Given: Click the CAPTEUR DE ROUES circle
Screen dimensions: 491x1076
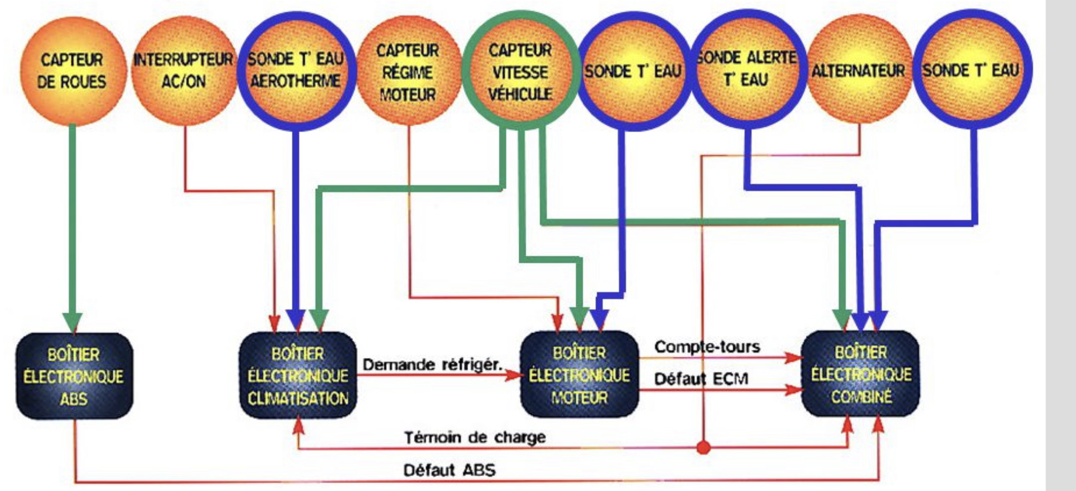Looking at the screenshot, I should click(x=72, y=71).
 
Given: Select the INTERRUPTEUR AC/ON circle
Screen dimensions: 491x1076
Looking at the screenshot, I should click(x=184, y=71).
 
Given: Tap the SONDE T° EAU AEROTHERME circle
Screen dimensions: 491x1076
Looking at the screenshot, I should click(x=296, y=71).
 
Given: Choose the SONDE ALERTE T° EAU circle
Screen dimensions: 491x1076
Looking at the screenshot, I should click(x=746, y=70).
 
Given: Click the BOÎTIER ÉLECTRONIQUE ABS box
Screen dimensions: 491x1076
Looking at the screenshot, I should click(x=74, y=376).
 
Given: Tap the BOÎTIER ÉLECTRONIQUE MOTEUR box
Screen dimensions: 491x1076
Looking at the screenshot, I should click(x=579, y=374).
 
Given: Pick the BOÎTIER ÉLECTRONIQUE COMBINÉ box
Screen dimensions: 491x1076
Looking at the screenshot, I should click(x=861, y=374).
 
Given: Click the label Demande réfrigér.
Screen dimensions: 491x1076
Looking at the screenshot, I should click(x=432, y=365).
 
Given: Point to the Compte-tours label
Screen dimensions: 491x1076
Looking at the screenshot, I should click(x=707, y=346).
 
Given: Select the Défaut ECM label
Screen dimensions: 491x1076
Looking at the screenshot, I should click(x=701, y=379).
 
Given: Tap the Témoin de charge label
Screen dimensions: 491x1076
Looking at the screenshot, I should click(x=474, y=438).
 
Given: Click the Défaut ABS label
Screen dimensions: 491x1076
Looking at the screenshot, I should click(x=449, y=470).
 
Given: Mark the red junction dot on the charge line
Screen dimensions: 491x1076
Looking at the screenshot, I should click(x=703, y=447).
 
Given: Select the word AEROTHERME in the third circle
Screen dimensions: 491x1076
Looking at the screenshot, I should click(x=295, y=81).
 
